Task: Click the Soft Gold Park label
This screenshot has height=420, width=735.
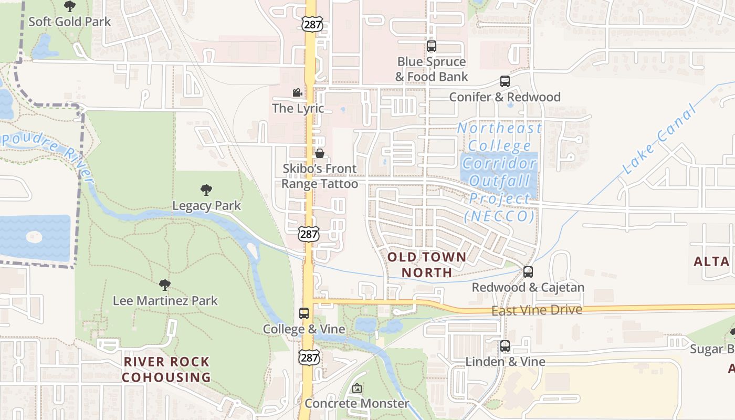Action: [x=69, y=22]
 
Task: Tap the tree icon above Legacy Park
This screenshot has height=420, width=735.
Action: [x=206, y=190]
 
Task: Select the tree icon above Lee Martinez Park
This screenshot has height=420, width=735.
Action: [x=164, y=285]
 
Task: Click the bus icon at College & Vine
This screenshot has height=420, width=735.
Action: [x=304, y=313]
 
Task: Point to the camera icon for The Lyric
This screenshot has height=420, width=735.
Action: [x=297, y=93]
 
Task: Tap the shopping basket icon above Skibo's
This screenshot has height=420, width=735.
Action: [x=319, y=153]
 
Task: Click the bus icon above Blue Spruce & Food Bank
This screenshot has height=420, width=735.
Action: [x=432, y=46]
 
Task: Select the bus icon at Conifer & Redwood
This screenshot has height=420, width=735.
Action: [x=505, y=81]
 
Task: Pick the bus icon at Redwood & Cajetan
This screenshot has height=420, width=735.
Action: [x=528, y=272]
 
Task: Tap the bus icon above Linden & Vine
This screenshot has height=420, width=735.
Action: [x=505, y=346]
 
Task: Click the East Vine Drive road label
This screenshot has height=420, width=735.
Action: [x=537, y=310]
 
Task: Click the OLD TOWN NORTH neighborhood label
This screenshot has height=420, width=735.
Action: [x=426, y=265]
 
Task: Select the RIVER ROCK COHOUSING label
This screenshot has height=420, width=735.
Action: [x=166, y=369]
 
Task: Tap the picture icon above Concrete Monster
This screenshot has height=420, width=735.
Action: [x=357, y=388]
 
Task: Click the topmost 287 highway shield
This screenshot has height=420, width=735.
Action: [x=312, y=24]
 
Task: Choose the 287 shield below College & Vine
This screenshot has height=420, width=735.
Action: [x=309, y=358]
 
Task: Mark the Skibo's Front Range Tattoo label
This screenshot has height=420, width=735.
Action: [x=320, y=176]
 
